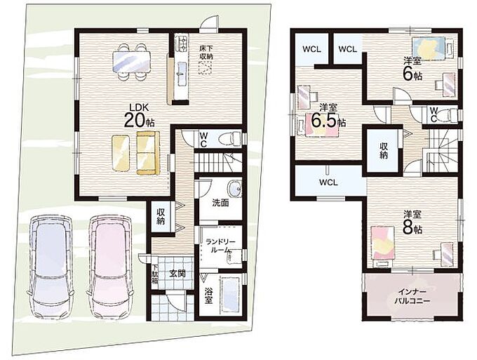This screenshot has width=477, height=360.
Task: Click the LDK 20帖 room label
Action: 139,116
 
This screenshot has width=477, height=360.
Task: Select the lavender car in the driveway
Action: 51,267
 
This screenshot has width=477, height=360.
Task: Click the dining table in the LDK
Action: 132,62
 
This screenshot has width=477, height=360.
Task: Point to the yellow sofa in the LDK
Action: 148,154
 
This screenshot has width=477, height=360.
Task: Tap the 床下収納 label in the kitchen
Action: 206,52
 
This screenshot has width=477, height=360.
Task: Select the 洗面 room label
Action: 220,204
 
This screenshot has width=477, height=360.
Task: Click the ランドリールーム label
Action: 220,246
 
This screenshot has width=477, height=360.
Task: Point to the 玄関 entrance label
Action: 177,274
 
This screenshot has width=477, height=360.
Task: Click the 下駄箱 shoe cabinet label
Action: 155,274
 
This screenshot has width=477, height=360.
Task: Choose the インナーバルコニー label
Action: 412,297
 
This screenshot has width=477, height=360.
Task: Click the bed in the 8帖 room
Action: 383,243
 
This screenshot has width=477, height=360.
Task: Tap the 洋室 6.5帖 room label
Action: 328,116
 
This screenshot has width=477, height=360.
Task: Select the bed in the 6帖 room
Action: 429,48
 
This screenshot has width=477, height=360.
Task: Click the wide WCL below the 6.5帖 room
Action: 328,182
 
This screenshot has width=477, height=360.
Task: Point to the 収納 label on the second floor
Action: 383,150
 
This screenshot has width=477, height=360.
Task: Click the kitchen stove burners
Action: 182,44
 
